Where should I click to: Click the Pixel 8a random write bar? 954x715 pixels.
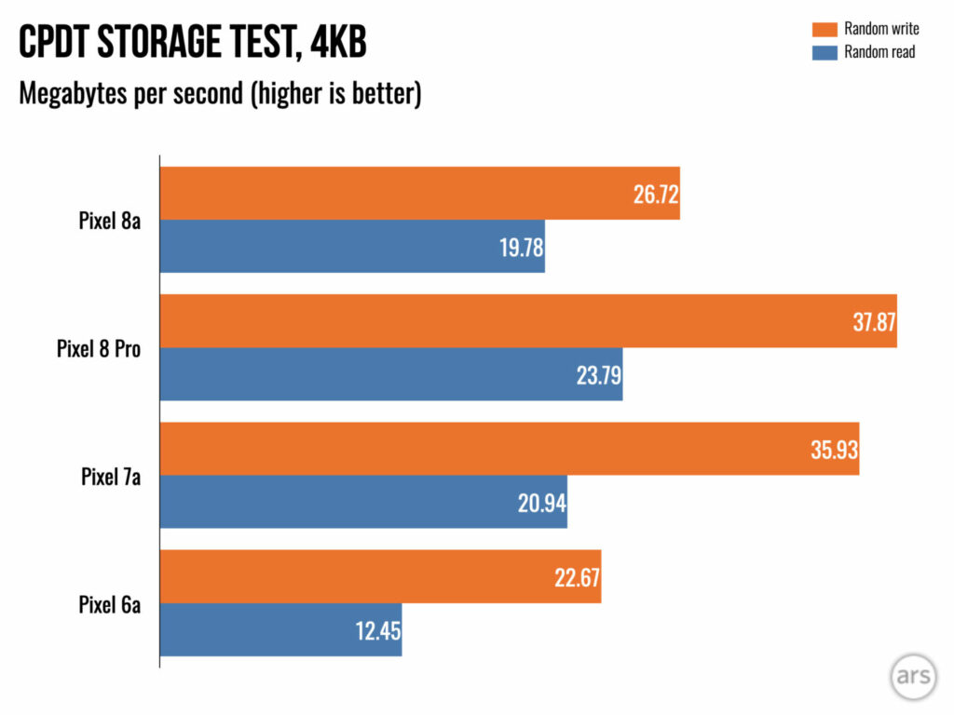point(419,194)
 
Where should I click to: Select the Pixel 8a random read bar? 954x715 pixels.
point(352,247)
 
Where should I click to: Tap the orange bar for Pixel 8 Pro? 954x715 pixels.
point(528,321)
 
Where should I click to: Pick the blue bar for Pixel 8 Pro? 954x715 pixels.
point(391,374)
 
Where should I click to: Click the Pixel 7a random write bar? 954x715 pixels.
point(510,449)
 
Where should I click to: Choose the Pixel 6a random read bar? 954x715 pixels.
point(280,630)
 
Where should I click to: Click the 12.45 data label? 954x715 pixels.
point(376,631)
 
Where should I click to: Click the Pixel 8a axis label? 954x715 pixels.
point(110,222)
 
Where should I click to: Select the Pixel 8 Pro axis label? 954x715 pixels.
point(99,349)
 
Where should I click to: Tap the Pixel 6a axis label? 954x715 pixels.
point(110,604)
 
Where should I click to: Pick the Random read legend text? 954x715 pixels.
point(879,52)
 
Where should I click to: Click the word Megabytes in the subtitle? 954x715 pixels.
point(80,94)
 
